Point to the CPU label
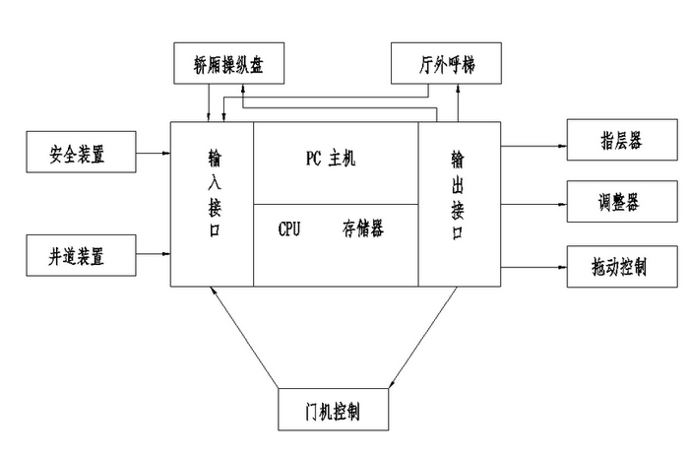(289, 228)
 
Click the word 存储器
(362, 228)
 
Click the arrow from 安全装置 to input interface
(152, 154)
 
